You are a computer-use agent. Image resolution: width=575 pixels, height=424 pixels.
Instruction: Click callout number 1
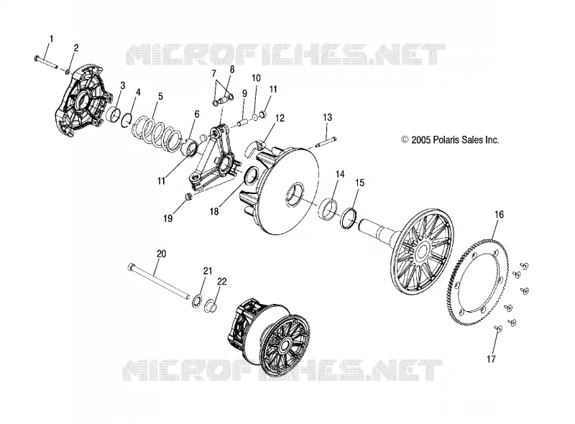point(51,39)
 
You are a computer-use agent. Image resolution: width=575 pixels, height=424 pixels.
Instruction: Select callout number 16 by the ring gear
point(499,214)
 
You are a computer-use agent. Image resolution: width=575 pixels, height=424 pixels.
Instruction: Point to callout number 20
point(161,254)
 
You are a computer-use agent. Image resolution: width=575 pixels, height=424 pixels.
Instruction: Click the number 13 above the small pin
point(328,117)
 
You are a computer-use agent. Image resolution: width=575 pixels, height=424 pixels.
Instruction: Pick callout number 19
point(168,218)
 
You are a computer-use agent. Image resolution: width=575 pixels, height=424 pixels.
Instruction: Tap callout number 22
point(222,281)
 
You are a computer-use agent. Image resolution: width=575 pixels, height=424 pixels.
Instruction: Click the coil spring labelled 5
point(157,133)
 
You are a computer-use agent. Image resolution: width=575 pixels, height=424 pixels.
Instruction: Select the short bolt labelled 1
point(46,62)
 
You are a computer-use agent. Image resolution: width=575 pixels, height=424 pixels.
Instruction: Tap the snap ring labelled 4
point(126,120)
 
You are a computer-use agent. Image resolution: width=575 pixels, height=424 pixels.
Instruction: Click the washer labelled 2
point(68,71)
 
